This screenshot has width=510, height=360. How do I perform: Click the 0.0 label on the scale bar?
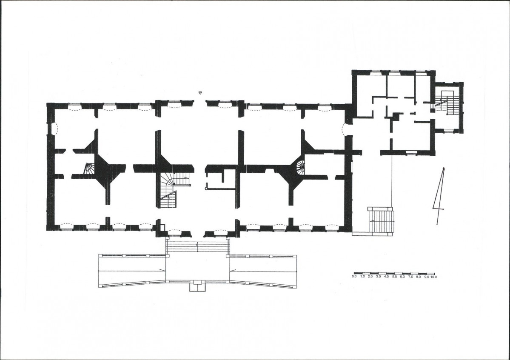354,277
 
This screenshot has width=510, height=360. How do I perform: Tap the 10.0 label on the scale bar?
433,277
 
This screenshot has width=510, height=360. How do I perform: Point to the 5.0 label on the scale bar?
394,277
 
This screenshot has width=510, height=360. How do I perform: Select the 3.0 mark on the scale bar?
378,277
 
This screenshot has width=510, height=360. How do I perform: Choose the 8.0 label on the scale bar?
418,277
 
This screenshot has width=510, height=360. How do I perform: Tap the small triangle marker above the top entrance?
200,93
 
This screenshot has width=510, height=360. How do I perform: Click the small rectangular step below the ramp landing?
198,286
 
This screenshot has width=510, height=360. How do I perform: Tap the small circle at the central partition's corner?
206,188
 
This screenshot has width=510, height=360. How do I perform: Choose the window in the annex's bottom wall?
412,152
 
